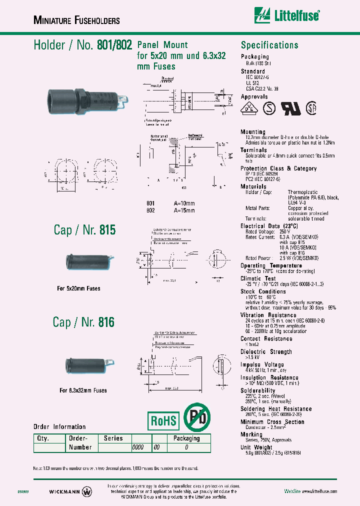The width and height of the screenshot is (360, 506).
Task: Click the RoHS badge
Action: [x=163, y=420]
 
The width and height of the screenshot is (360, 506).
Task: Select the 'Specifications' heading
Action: [x=269, y=45]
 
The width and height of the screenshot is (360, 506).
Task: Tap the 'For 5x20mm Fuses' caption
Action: [x=78, y=288]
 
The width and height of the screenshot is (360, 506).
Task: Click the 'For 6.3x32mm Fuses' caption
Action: [x=83, y=390]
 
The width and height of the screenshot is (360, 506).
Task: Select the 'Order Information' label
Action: [x=59, y=426]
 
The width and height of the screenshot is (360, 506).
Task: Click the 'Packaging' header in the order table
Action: [x=186, y=438]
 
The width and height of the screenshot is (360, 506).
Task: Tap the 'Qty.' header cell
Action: [x=41, y=438]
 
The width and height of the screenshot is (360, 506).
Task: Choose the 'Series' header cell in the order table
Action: [x=113, y=438]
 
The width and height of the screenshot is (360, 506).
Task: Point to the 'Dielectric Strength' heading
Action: [x=266, y=352]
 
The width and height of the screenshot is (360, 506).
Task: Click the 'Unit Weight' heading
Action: [x=256, y=447]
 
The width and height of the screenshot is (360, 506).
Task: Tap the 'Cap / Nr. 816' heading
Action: [x=84, y=322]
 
